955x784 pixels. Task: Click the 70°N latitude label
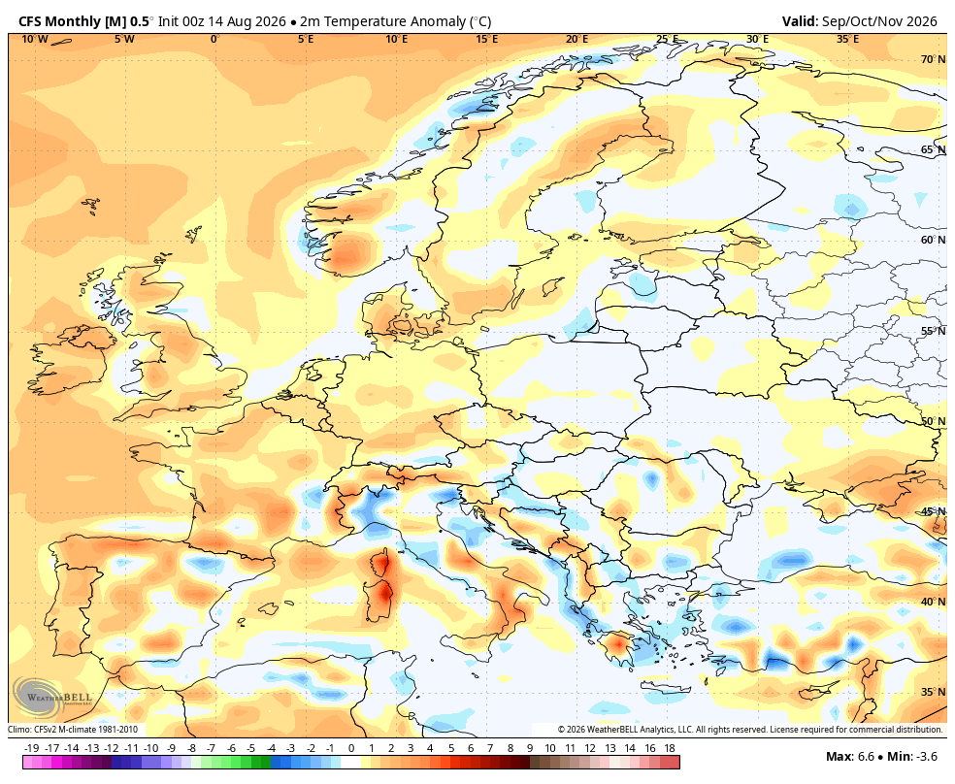pos(933,59)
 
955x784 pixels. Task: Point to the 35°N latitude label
pos(933,692)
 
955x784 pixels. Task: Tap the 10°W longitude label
pos(35,40)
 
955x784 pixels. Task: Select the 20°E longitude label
pos(576,40)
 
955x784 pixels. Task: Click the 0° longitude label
pos(214,40)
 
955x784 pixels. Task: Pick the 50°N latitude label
pos(933,421)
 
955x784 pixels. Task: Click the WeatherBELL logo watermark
pos(51,698)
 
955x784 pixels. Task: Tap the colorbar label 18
pos(670,748)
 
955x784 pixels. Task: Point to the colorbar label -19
pos(31,748)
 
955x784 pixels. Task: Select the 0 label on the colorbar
pos(350,748)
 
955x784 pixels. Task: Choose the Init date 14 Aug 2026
pos(247,21)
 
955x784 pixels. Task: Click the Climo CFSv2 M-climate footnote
pos(73,730)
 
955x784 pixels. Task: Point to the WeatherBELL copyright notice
pos(750,730)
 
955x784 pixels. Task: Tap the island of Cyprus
pos(816,691)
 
